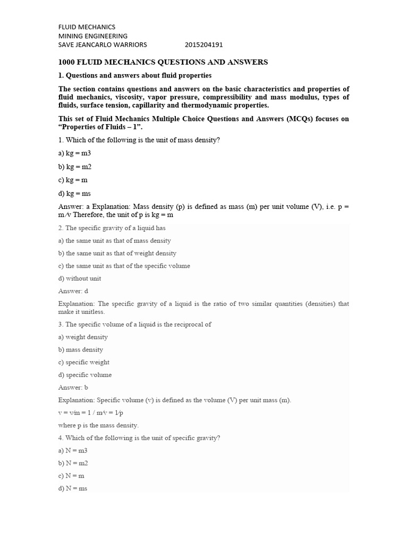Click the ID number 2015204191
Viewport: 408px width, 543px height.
coord(204,45)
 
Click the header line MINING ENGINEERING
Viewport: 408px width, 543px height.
coord(92,36)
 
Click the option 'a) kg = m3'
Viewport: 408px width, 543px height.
coord(75,153)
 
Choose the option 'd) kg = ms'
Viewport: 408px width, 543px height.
coord(75,194)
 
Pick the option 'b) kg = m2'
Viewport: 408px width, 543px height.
coord(75,167)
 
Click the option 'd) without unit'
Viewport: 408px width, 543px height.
coord(80,278)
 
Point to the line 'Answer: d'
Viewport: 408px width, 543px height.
coord(73,291)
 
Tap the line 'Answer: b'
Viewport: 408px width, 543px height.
coord(73,388)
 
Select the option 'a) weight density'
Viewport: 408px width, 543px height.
coord(83,337)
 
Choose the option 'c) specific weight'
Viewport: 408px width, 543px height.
coord(84,362)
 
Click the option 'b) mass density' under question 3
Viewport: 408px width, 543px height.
coord(81,350)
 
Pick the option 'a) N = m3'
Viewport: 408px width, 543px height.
coord(73,451)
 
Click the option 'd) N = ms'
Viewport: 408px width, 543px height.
coord(73,488)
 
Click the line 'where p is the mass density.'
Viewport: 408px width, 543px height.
coord(98,425)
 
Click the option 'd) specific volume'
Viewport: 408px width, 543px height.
coord(85,375)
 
